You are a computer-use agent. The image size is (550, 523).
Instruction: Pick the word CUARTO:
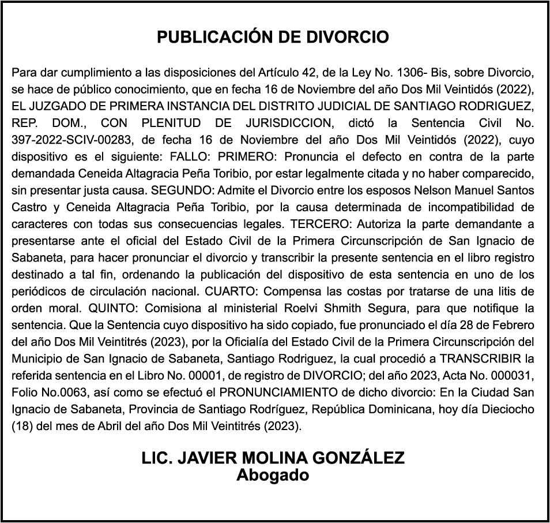pyautogui.click(x=240, y=290)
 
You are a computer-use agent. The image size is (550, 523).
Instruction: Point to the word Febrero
pyautogui.click(x=513, y=324)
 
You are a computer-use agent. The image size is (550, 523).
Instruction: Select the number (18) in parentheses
pyautogui.click(x=22, y=424)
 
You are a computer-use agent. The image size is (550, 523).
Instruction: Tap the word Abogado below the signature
pyautogui.click(x=273, y=476)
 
